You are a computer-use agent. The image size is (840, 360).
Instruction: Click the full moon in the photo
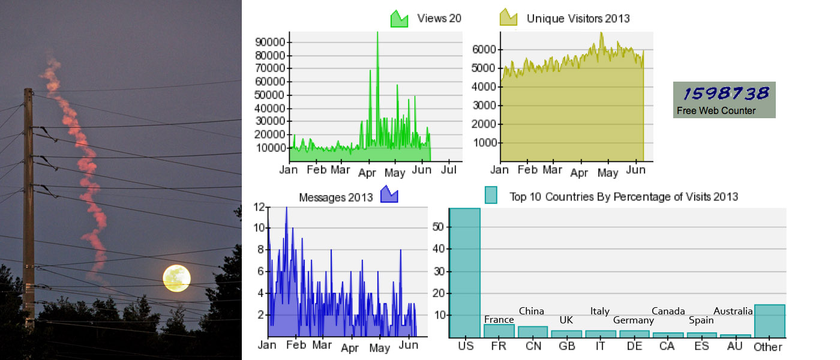[x=177, y=278]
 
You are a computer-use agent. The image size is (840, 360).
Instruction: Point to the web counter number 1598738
[x=726, y=93]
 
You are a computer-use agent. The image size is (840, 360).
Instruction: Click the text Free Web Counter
[x=716, y=110]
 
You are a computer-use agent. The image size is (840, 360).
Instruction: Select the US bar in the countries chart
[x=465, y=273]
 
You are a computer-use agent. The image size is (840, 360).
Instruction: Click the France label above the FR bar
[x=499, y=320]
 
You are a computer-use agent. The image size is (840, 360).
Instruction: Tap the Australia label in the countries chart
[x=733, y=311]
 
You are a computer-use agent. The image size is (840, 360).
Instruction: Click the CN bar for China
[x=533, y=331]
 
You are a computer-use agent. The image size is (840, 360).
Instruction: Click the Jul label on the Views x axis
[x=448, y=170]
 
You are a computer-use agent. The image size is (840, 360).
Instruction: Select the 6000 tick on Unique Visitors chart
[x=484, y=49]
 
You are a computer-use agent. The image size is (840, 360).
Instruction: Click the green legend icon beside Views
[x=399, y=19]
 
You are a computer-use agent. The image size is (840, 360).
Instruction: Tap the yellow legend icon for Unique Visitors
[x=508, y=17]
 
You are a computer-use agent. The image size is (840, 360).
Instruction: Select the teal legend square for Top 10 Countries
[x=491, y=195]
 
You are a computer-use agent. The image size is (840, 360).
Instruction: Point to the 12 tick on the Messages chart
[x=259, y=207]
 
